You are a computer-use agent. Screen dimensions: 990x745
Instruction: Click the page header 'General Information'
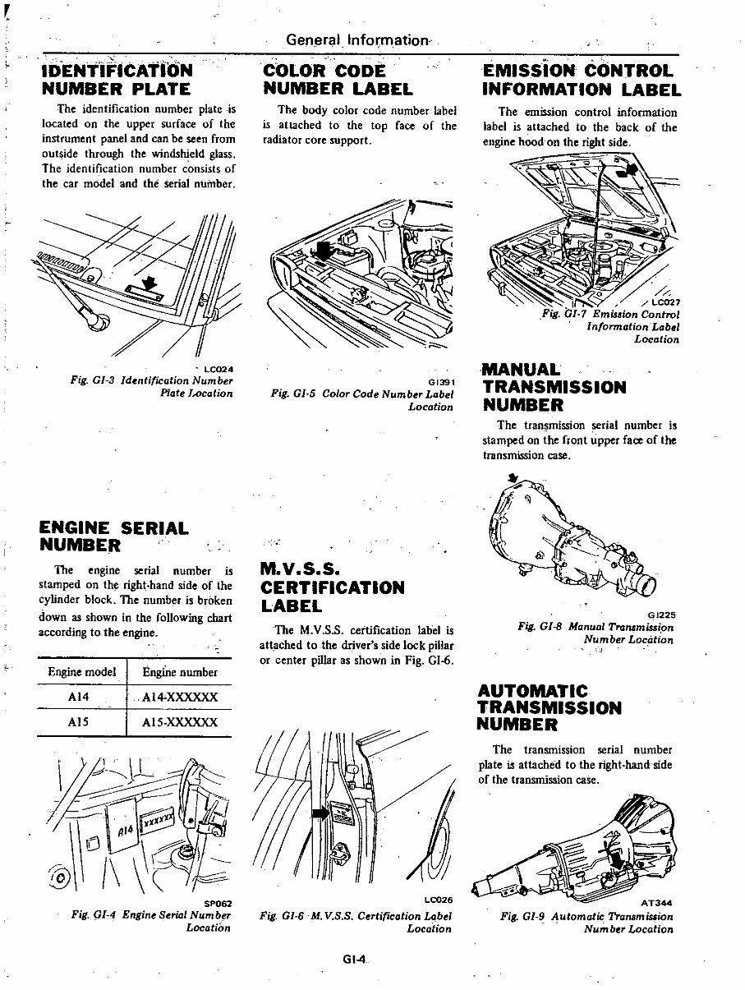358,39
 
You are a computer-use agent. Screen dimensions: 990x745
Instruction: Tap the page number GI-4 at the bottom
355,959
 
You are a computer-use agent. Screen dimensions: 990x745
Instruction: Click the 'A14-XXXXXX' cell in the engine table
179,698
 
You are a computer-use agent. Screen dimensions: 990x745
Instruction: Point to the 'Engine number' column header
179,672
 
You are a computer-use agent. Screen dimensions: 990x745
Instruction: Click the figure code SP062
215,904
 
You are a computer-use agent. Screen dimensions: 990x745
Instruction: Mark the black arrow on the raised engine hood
629,170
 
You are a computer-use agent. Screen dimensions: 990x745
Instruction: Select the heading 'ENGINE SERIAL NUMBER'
113,536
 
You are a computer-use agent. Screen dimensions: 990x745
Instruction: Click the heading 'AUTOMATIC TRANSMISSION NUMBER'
549,707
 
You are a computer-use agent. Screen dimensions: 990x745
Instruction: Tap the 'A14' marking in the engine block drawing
125,829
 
